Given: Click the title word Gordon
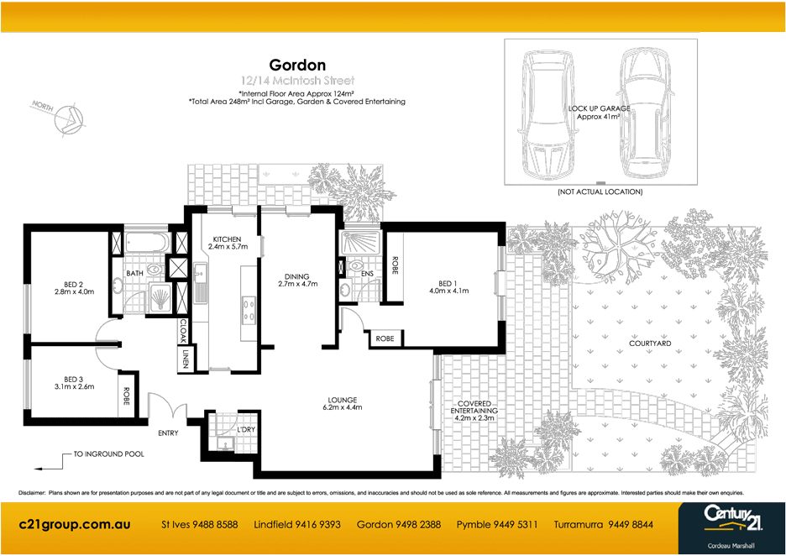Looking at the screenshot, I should pyautogui.click(x=297, y=65).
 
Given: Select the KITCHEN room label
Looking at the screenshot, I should pyautogui.click(x=227, y=243).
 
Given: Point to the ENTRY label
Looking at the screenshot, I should pyautogui.click(x=168, y=433).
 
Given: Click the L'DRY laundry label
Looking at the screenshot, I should pyautogui.click(x=245, y=430).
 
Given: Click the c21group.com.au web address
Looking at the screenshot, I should pyautogui.click(x=75, y=524).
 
